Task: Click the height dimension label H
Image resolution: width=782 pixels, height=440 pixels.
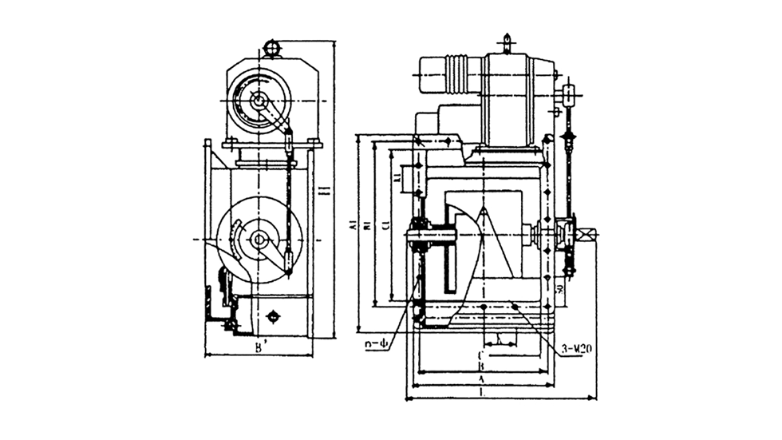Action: click(322, 192)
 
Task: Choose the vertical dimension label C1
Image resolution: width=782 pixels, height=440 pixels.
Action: click(385, 227)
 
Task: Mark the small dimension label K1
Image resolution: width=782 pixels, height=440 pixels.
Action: click(398, 178)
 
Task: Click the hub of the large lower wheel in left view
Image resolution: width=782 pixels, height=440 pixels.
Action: click(258, 239)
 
